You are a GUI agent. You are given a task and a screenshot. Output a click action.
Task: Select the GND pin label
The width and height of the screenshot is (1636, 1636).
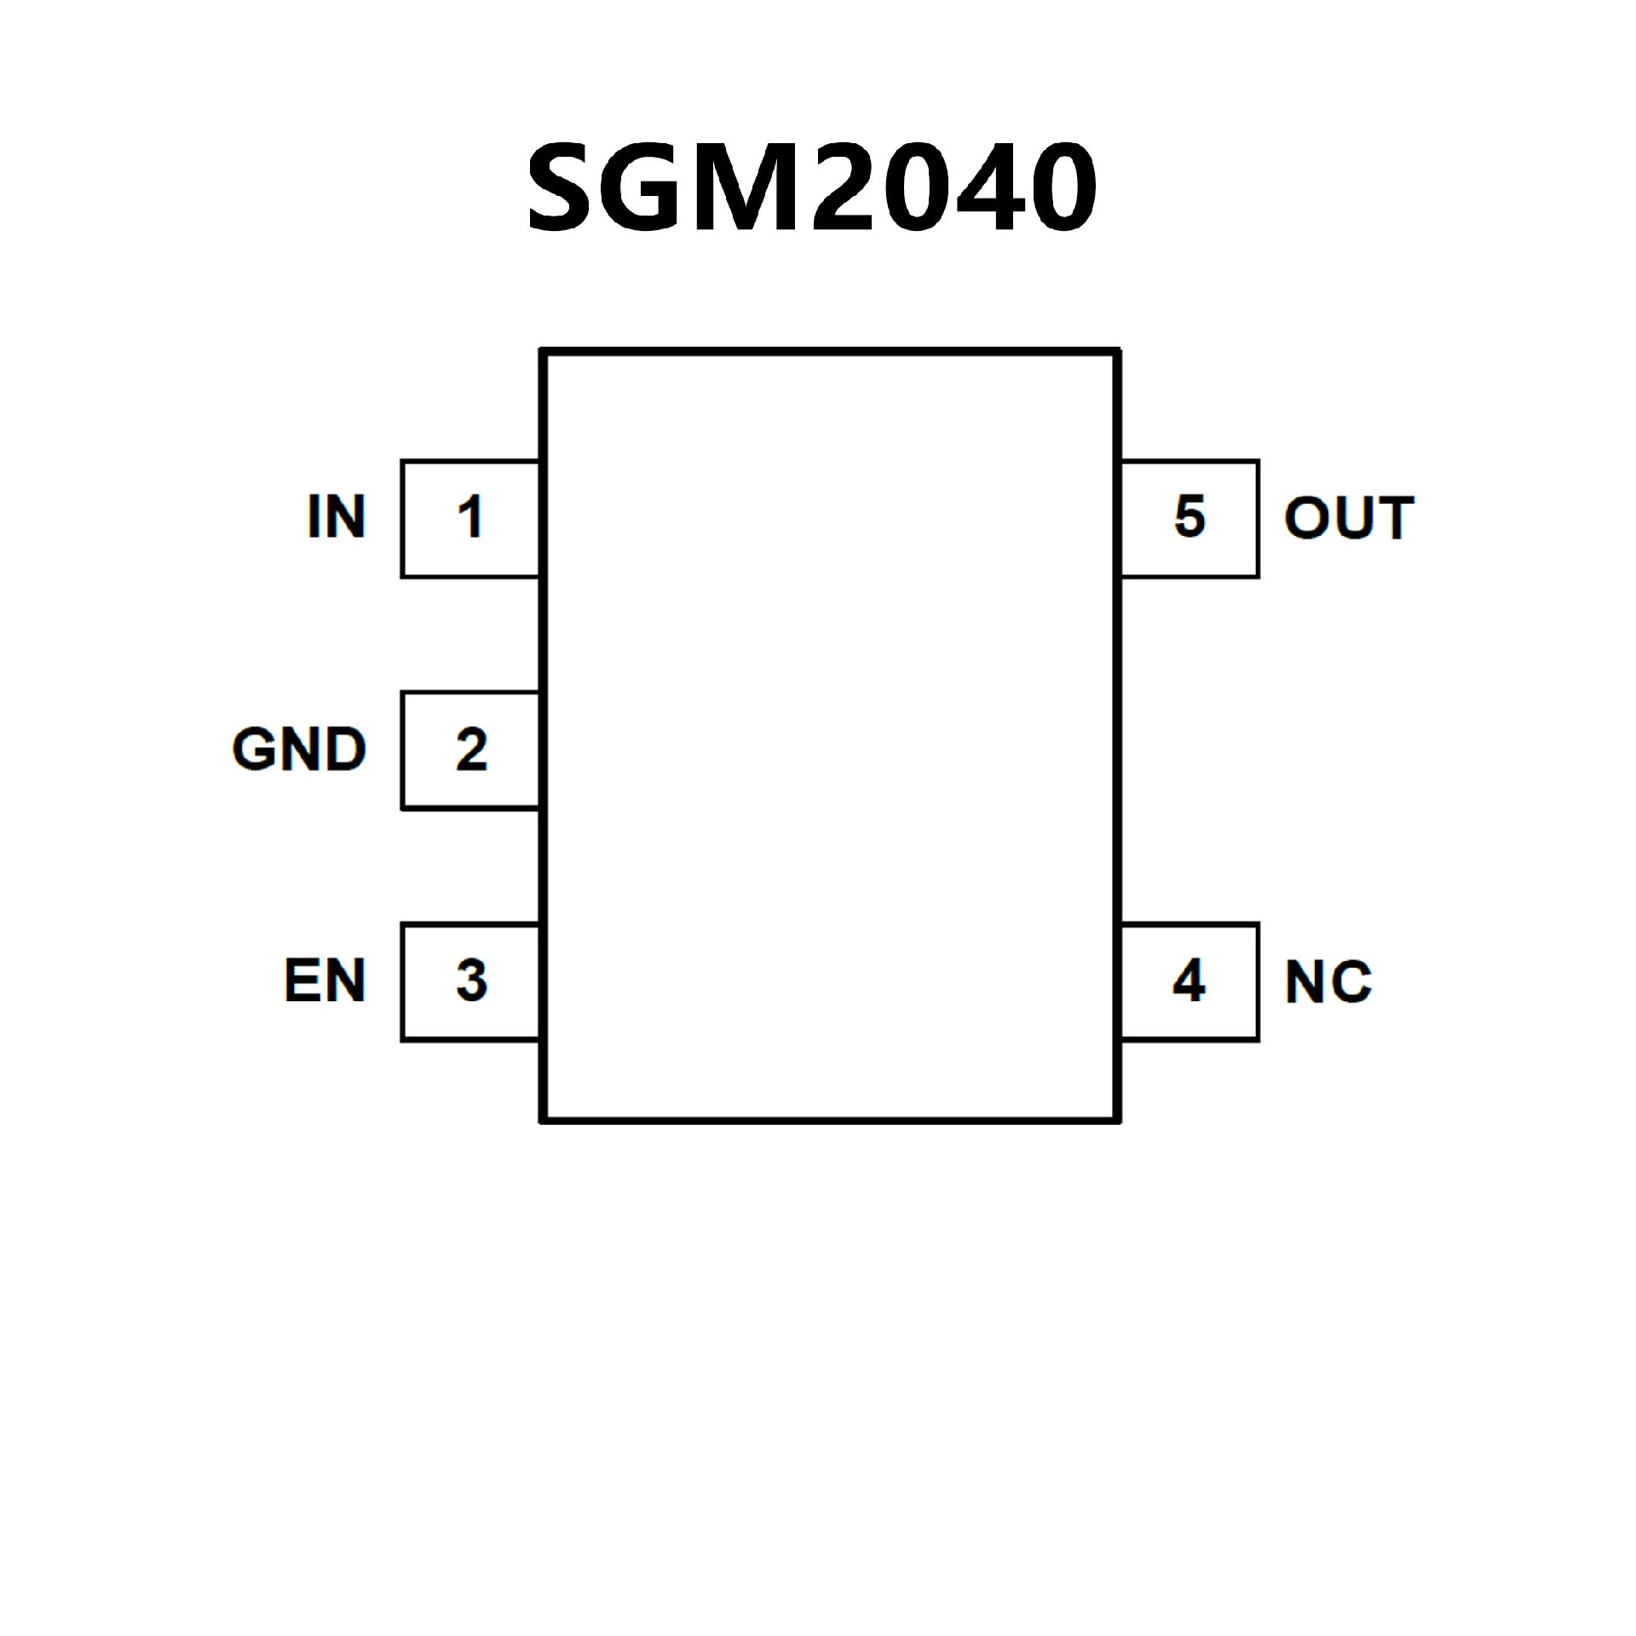(x=299, y=749)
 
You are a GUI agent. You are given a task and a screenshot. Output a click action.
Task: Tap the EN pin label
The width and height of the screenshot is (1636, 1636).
(x=325, y=981)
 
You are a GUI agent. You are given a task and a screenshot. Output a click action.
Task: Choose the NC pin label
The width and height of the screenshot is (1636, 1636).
(x=1328, y=982)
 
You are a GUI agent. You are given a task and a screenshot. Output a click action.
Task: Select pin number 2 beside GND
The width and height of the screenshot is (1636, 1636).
(x=471, y=749)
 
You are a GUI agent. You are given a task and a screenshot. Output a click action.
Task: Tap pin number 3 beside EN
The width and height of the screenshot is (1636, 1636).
(x=471, y=981)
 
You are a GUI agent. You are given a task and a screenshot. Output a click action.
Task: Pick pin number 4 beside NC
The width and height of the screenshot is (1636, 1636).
(x=1190, y=981)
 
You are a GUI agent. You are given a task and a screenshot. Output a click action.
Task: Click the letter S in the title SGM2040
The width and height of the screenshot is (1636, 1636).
(x=563, y=187)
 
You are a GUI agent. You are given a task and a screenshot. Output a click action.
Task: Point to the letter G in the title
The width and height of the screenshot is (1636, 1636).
(x=645, y=187)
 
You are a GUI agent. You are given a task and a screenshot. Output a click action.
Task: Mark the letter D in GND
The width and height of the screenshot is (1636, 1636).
(x=345, y=749)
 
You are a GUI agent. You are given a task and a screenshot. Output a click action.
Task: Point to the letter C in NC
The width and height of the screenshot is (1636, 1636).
(x=1349, y=982)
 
